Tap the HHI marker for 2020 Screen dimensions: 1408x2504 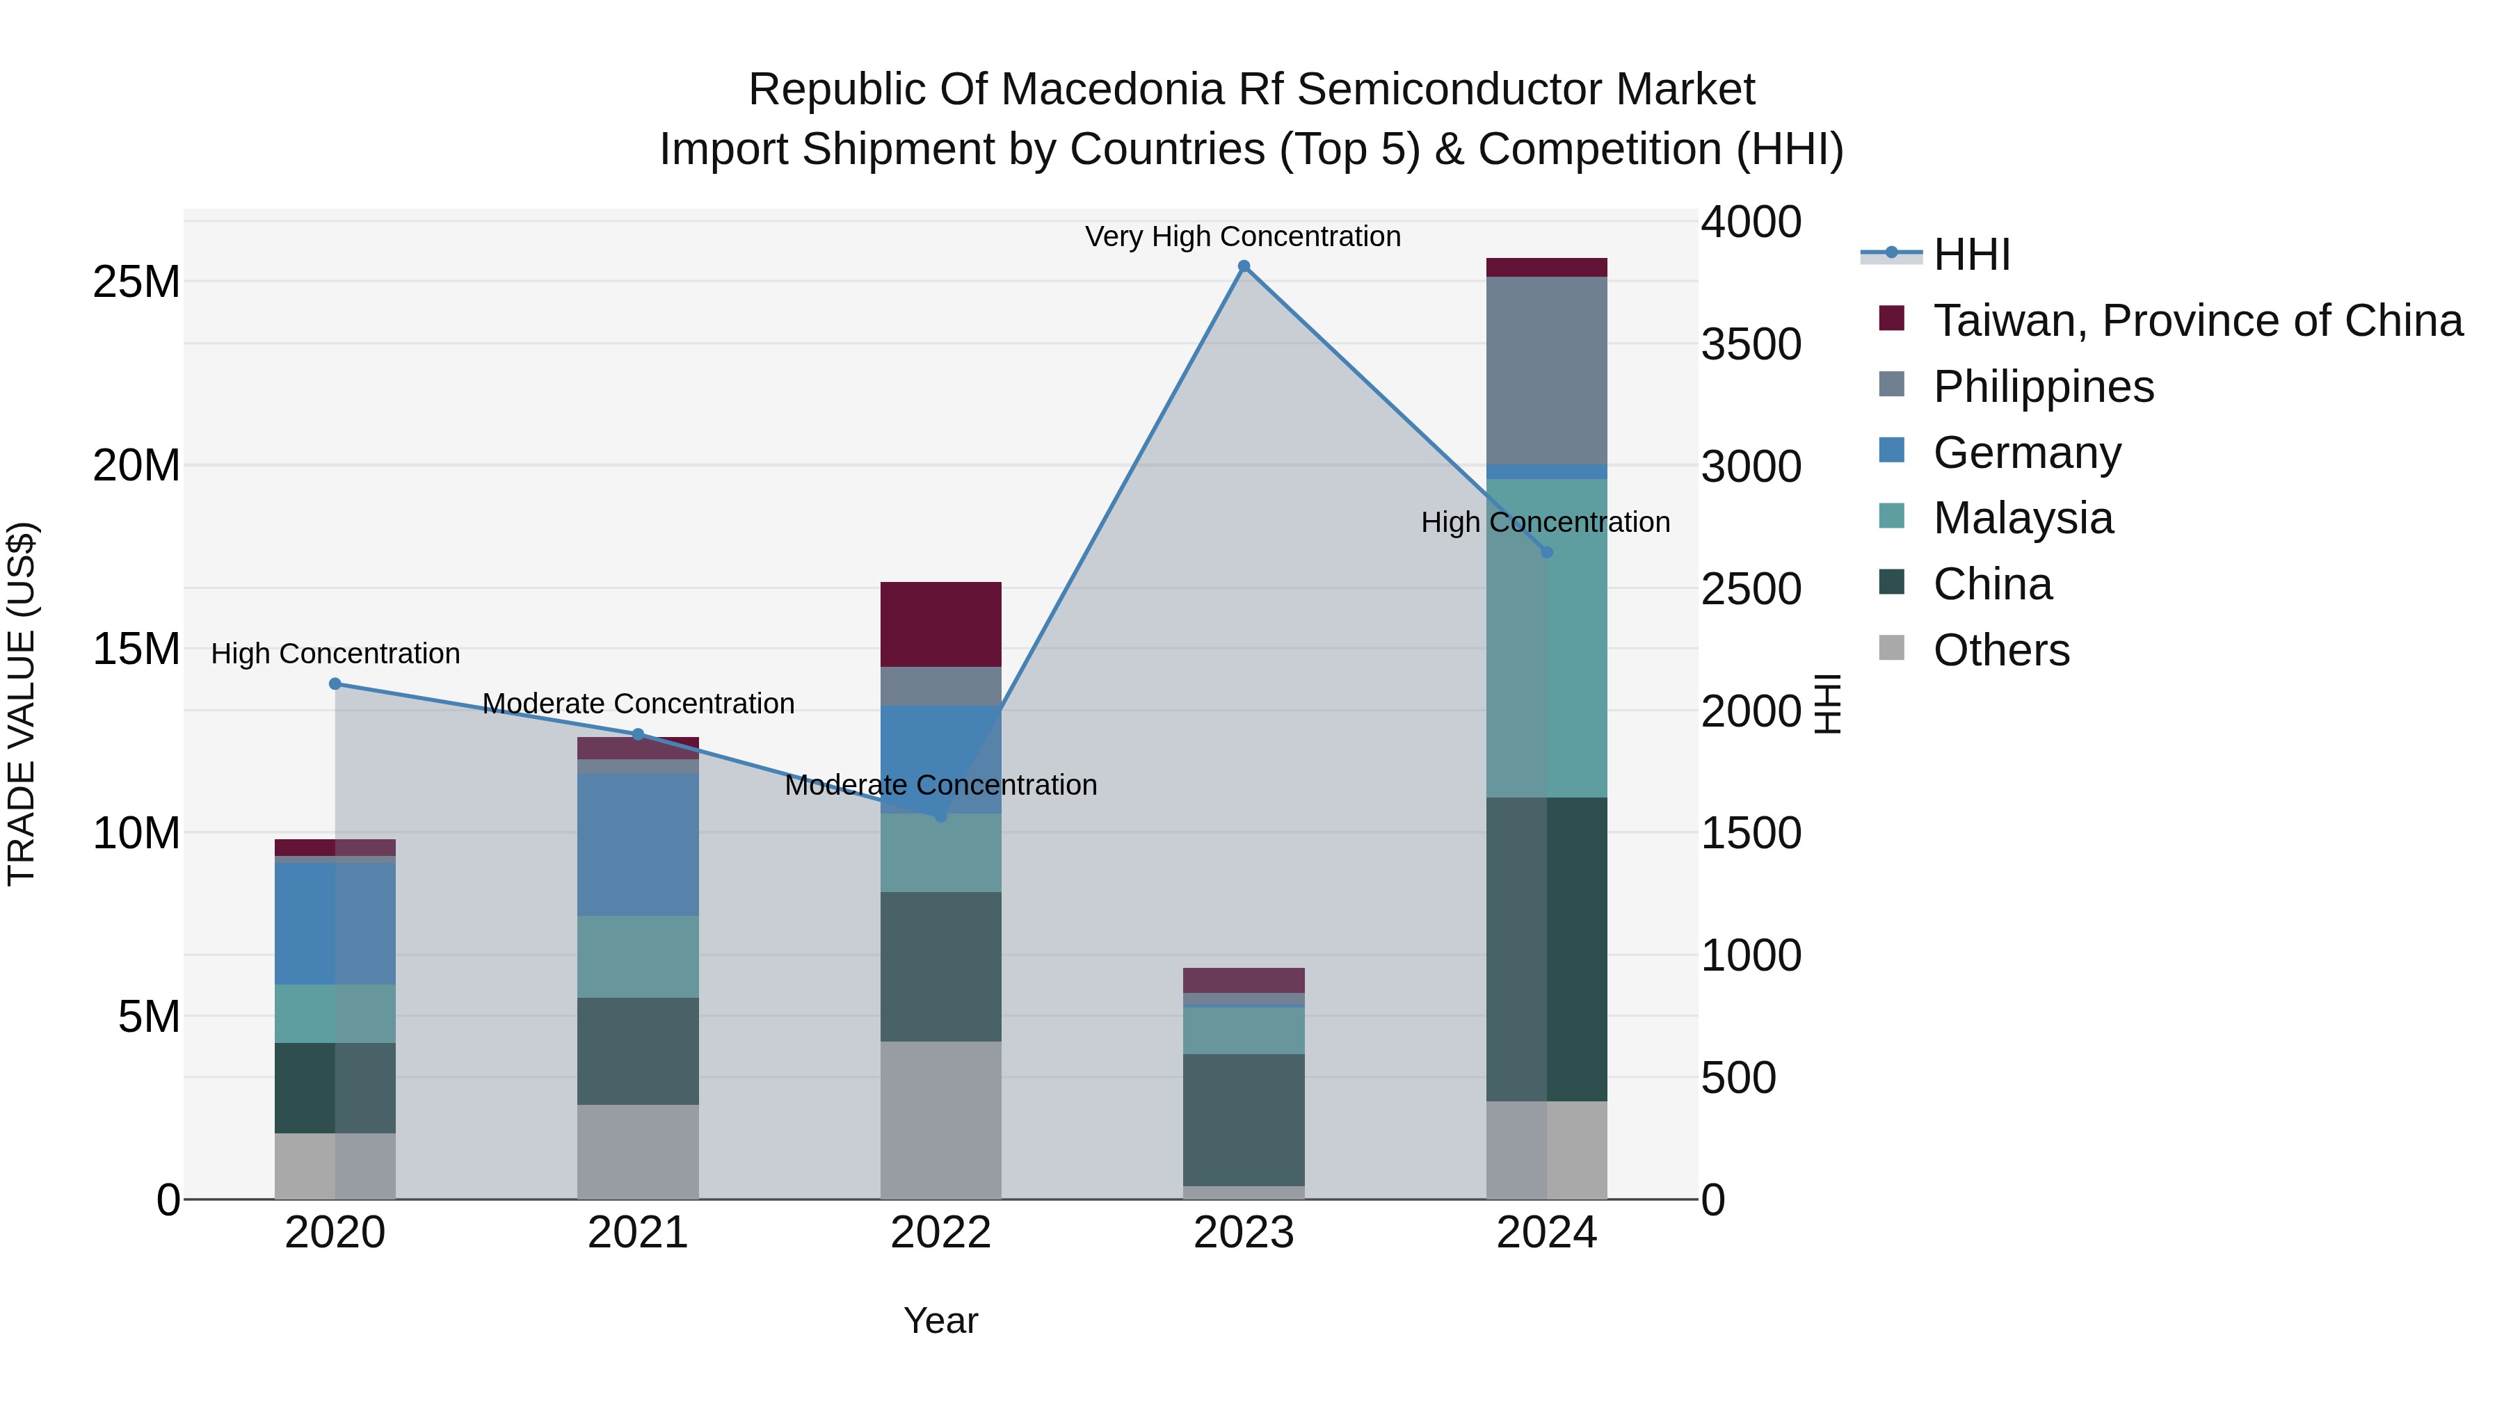pyautogui.click(x=335, y=684)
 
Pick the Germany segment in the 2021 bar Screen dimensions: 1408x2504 pyautogui.click(x=638, y=844)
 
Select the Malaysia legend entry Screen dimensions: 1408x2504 pyautogui.click(x=2022, y=518)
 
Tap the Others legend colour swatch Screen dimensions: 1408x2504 pyautogui.click(x=1892, y=648)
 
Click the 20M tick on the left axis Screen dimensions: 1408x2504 pyautogui.click(x=136, y=465)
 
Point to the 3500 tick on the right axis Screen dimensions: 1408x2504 pyautogui.click(x=1751, y=344)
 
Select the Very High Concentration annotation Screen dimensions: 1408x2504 pyautogui.click(x=1242, y=236)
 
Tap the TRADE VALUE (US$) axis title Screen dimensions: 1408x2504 pyautogui.click(x=22, y=704)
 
